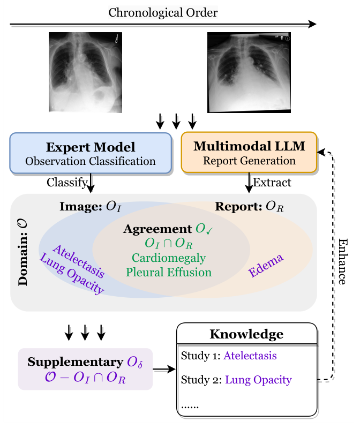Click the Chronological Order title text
tap(163, 12)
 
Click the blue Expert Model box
tap(90, 153)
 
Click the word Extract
tap(272, 183)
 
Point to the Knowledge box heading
tap(246, 335)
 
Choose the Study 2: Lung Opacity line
tap(236, 380)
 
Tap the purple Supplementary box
tap(85, 369)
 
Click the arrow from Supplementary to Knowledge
tap(164, 369)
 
